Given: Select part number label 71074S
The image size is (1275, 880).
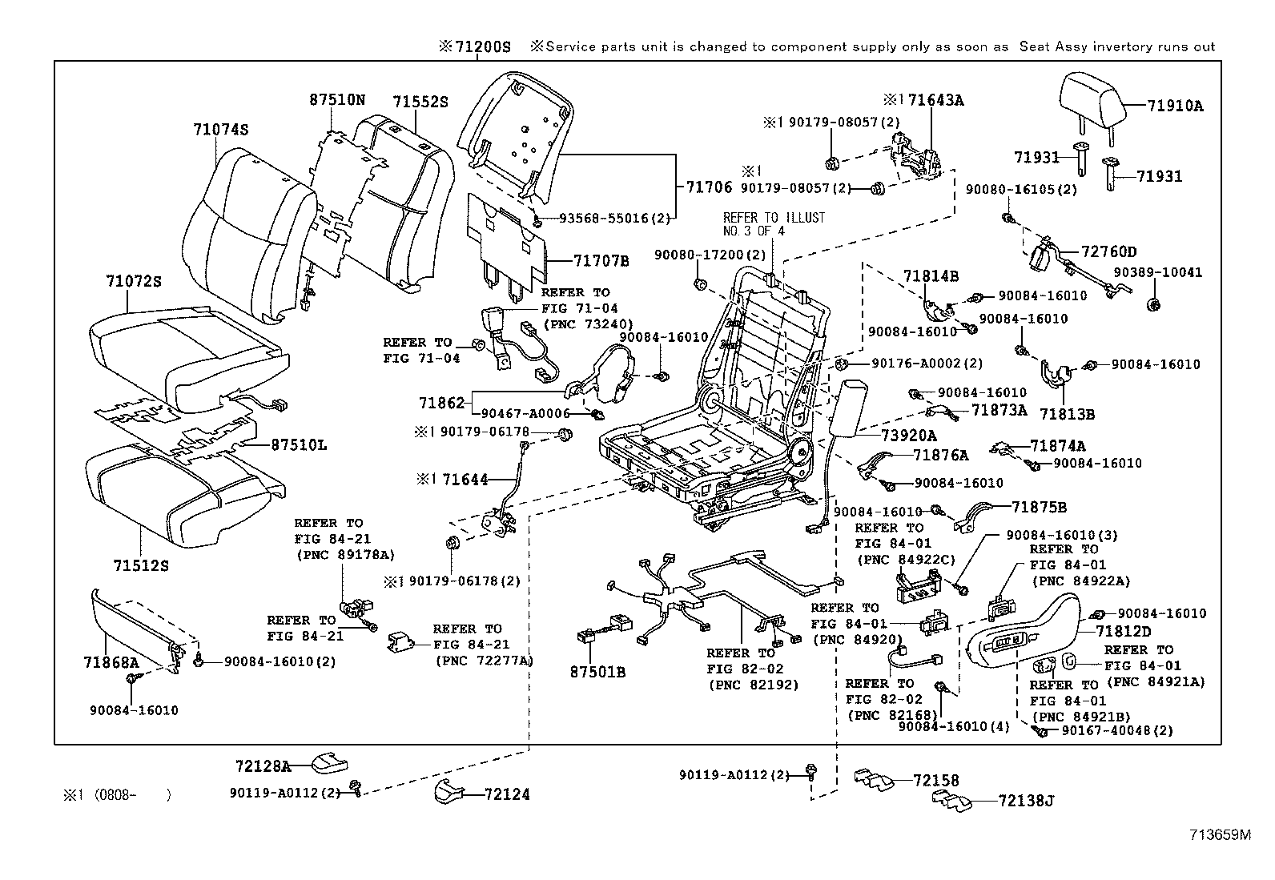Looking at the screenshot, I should tap(220, 129).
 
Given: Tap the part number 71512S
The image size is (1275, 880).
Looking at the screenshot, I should tap(141, 566).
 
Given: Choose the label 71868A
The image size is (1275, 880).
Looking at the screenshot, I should tap(111, 662).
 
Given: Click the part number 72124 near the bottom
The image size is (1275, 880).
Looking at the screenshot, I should tap(506, 795).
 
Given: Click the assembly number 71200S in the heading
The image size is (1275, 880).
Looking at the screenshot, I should tap(481, 47).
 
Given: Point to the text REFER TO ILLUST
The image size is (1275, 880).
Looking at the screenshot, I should tap(774, 218).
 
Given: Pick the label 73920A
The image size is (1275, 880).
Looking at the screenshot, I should tap(908, 436).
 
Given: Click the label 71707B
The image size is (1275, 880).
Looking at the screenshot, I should tap(601, 261).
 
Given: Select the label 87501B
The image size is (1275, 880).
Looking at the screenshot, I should tap(597, 673).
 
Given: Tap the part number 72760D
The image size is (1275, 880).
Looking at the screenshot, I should tap(1108, 251).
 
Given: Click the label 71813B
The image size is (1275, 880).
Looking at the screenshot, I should tap(1067, 415).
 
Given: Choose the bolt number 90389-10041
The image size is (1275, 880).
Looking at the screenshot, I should tap(1156, 272).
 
